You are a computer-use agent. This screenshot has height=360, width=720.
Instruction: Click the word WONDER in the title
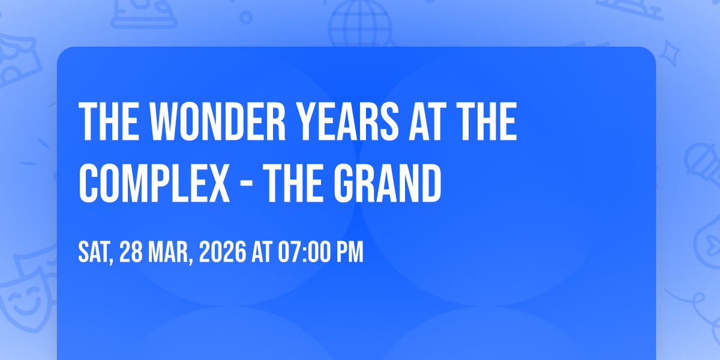point(218,121)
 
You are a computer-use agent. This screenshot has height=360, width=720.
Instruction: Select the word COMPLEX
point(154,183)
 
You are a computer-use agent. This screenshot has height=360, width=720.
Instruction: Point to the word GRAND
point(388,183)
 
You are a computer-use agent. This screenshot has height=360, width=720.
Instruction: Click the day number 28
point(131,252)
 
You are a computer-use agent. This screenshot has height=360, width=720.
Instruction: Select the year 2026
point(223,252)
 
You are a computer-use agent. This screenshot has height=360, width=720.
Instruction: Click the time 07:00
point(304,252)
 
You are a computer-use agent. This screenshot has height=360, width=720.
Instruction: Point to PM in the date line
point(350,252)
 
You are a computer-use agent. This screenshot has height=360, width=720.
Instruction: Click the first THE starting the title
point(109,121)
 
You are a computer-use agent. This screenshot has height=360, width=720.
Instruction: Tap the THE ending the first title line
point(487,121)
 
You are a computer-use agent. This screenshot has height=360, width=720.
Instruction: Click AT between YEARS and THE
point(427,121)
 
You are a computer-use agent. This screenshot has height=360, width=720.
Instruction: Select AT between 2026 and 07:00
point(262,252)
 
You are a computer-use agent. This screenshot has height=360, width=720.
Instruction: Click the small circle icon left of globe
point(246,17)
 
